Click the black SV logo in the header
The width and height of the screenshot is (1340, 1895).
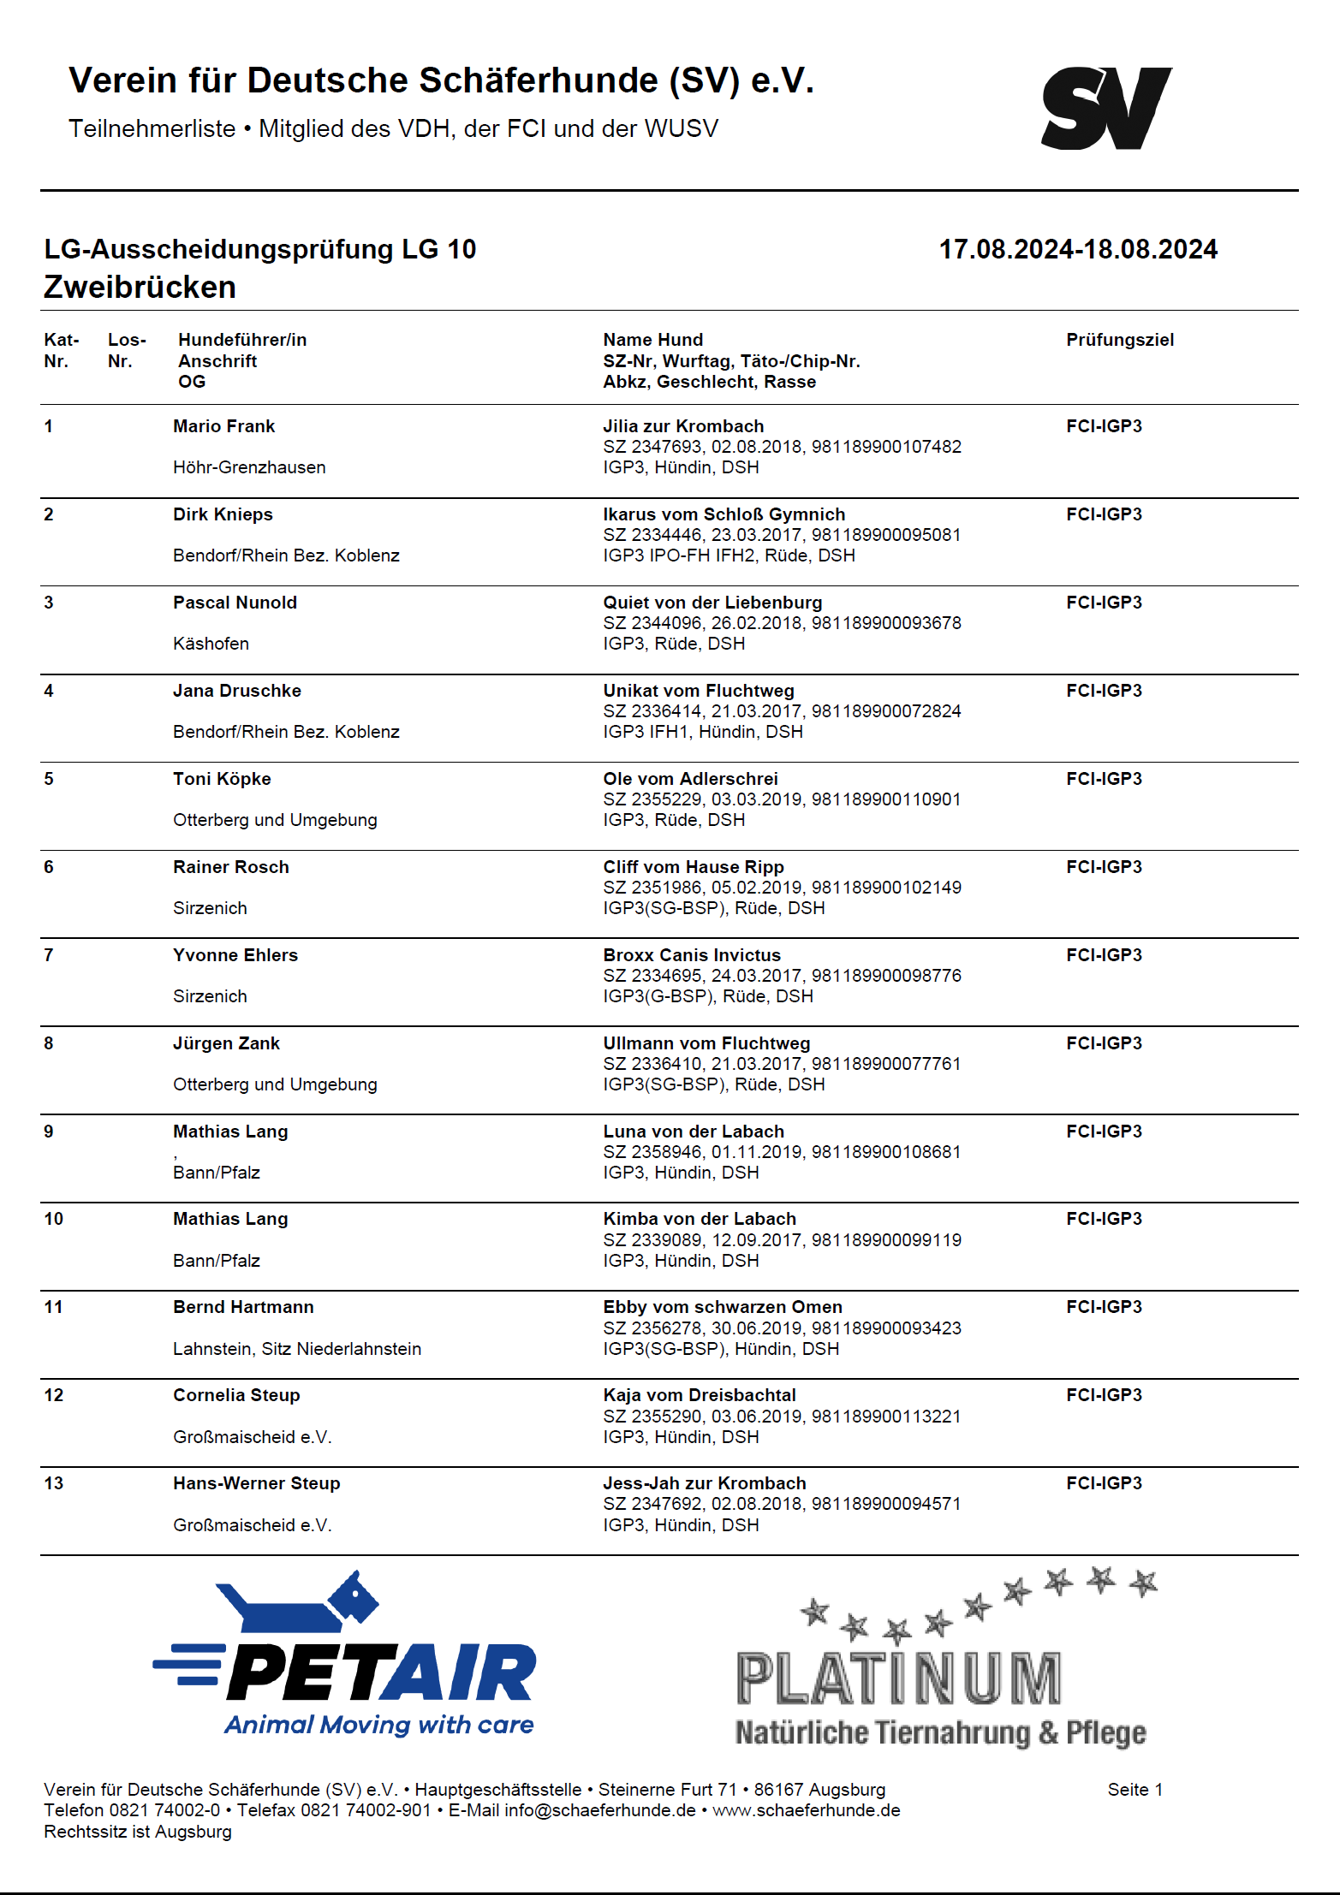click(1105, 109)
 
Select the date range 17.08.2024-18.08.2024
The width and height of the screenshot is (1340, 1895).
click(1077, 249)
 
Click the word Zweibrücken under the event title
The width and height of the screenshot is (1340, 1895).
click(140, 287)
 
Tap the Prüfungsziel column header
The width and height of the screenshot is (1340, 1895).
click(1119, 340)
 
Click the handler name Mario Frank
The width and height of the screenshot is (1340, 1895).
click(223, 426)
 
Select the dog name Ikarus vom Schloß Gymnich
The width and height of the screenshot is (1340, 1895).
click(724, 514)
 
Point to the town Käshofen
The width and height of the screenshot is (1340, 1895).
click(211, 644)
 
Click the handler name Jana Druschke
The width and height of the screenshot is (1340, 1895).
click(236, 691)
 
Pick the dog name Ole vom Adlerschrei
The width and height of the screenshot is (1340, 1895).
click(690, 779)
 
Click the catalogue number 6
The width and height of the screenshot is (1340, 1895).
click(49, 867)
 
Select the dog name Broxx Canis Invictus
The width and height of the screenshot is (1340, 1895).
click(692, 955)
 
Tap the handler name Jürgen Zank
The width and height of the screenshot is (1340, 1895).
click(226, 1043)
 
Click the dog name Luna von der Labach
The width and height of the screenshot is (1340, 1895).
click(693, 1132)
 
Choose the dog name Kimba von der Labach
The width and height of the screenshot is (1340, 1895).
click(699, 1219)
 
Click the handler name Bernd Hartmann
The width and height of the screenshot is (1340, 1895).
click(243, 1307)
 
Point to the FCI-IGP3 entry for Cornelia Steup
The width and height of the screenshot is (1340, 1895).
click(1104, 1395)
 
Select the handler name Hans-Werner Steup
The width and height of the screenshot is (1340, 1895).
click(256, 1483)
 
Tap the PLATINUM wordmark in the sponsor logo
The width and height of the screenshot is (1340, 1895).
click(898, 1679)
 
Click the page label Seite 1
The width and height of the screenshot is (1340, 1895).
click(1135, 1790)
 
